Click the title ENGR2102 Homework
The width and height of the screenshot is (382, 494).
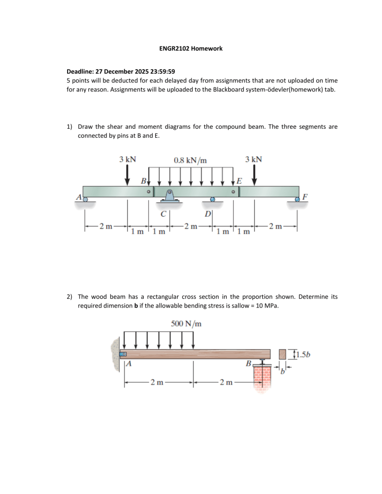click(x=190, y=48)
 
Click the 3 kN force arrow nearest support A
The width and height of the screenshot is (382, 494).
click(x=128, y=174)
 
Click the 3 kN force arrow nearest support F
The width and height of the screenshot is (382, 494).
click(x=254, y=174)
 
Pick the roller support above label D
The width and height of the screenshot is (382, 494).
click(x=212, y=200)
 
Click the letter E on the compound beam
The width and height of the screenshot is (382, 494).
click(x=239, y=180)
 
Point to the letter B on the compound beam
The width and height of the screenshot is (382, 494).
click(x=143, y=180)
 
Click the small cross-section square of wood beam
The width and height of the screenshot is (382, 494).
click(x=283, y=354)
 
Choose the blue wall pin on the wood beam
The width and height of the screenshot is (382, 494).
click(x=124, y=354)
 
